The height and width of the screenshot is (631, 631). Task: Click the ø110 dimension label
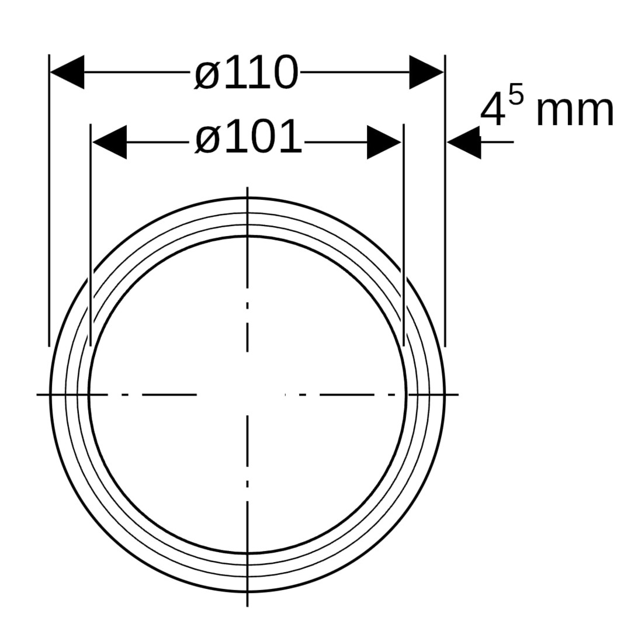coord(247,73)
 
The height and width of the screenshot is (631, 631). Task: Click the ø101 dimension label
coord(248,137)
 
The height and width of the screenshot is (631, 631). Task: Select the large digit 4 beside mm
coord(493,109)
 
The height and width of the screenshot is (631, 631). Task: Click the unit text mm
coord(575,112)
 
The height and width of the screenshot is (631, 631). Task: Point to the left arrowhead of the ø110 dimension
coord(67,72)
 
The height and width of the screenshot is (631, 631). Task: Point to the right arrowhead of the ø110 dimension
coord(427,72)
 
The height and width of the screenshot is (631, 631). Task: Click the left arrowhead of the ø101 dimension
coord(109,142)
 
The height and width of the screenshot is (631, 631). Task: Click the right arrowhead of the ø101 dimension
coord(384,142)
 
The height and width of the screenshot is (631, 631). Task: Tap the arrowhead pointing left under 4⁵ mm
coord(463,142)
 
